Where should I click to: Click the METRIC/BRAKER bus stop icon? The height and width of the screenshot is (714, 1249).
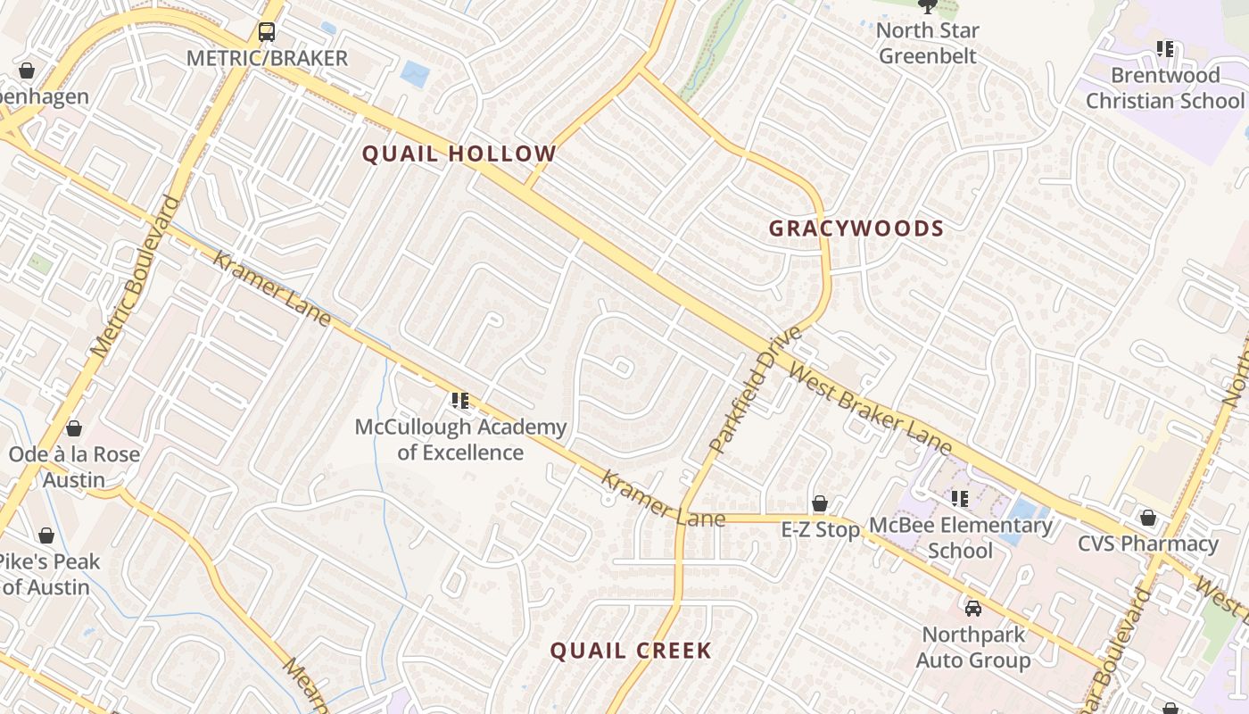[x=267, y=32]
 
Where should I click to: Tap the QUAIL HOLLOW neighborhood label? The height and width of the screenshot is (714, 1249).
[x=459, y=154]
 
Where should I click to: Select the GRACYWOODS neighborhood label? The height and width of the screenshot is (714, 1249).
[x=856, y=228]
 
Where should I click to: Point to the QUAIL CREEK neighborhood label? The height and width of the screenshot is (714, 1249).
[x=631, y=651]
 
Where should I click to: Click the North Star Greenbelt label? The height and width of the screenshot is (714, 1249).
[x=928, y=43]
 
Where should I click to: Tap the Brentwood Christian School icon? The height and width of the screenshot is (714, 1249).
[x=1165, y=49]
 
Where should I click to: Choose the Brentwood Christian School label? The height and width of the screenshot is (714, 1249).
[x=1164, y=87]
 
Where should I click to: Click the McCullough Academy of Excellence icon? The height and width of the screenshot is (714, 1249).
[x=460, y=401]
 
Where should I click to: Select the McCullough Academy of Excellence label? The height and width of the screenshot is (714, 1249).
[x=460, y=440]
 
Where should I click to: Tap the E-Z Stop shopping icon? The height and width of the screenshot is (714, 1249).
[x=820, y=504]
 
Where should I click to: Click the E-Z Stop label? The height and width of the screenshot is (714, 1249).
[x=821, y=530]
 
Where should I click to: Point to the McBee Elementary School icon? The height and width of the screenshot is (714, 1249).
[x=960, y=499]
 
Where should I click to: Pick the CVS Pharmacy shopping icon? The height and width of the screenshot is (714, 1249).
[x=1148, y=519]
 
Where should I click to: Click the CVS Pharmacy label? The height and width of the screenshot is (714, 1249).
[x=1147, y=544]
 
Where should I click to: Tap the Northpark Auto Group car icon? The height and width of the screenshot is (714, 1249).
[x=973, y=609]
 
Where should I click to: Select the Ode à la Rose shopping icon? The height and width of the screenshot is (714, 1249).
[x=74, y=429]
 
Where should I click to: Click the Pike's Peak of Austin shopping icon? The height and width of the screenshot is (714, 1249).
[x=46, y=536]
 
